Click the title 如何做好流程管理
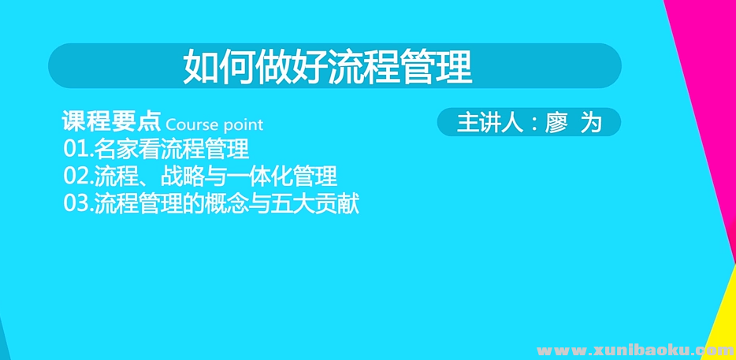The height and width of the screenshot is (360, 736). (328, 67)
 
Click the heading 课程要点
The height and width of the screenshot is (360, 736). (112, 123)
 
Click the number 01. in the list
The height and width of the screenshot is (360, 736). (78, 149)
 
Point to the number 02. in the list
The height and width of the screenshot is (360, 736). (78, 176)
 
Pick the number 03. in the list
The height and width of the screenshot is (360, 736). (78, 203)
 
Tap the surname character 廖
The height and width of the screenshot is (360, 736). (557, 124)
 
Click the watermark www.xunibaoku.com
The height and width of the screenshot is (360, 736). (635, 350)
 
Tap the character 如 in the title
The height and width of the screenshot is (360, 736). (198, 67)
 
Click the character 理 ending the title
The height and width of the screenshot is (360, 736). (457, 67)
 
